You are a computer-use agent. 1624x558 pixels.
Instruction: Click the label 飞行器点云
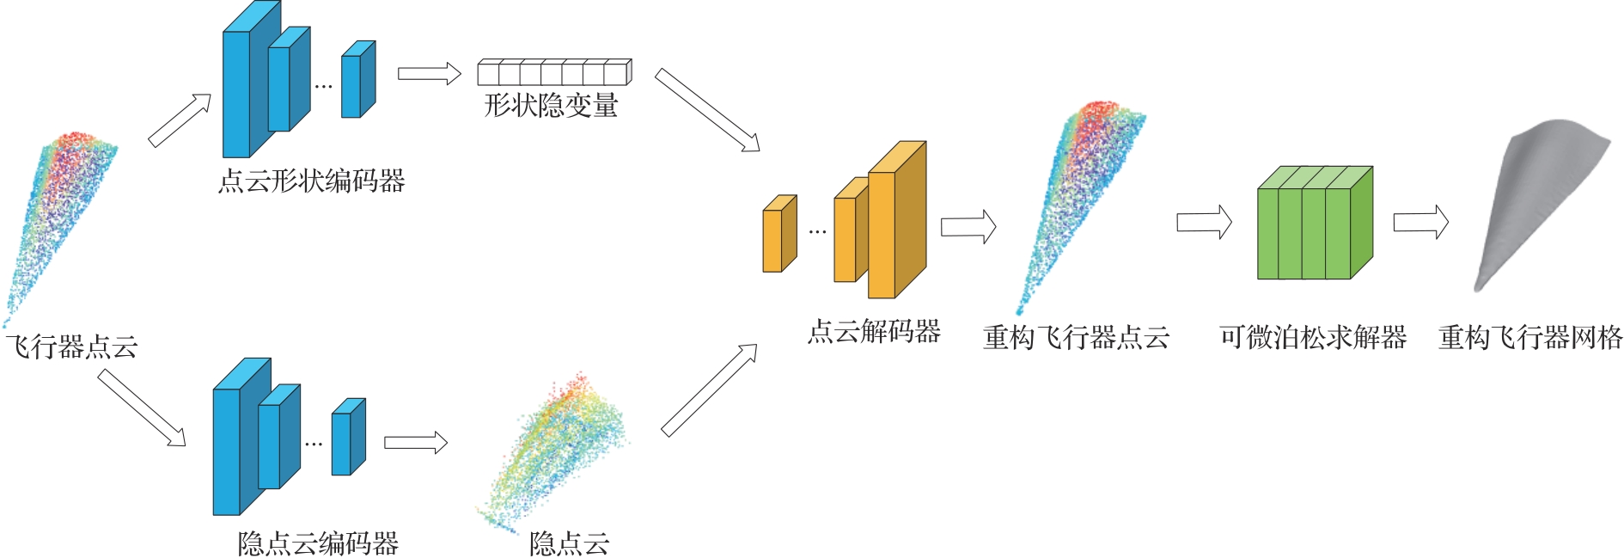coord(72,347)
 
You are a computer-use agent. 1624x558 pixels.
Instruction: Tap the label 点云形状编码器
coord(311,181)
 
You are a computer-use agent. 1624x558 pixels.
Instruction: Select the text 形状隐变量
coord(551,106)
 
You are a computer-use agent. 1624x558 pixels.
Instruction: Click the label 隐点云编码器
coord(318,543)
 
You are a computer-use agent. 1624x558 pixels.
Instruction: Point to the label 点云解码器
coord(874,332)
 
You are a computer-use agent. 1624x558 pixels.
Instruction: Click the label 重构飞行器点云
coord(1076,338)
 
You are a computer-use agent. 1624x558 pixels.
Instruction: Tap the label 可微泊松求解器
coord(1312,338)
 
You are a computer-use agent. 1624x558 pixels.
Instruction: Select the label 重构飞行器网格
coord(1530,338)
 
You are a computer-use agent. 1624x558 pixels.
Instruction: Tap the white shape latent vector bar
coord(554,72)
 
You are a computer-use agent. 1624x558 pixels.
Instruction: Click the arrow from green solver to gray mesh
coord(1420,223)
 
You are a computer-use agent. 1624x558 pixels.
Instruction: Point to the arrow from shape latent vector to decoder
coord(707,111)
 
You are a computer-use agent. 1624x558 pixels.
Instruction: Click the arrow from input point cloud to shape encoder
coord(180,120)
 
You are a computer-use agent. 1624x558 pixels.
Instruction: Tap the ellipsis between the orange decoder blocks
coord(817,231)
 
